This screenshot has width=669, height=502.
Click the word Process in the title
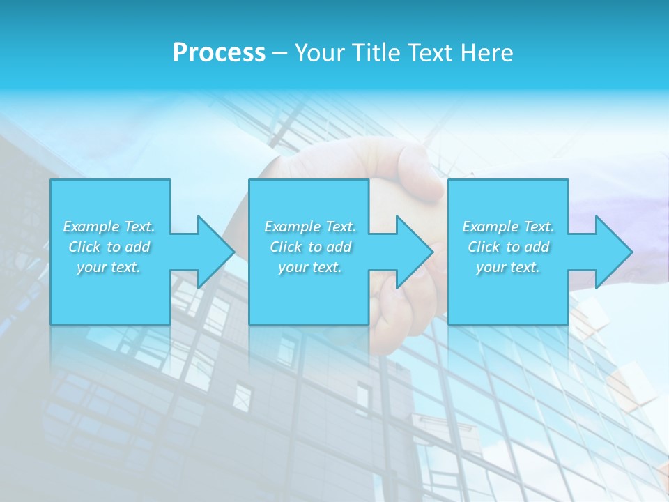(219, 52)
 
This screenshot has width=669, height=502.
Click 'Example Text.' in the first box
(109, 227)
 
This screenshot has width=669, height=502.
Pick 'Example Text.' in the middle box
(310, 227)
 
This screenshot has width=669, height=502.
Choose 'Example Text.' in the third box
(508, 227)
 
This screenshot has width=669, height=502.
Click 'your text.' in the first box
(109, 267)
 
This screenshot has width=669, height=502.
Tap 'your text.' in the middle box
(310, 267)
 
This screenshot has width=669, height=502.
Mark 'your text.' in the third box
(508, 267)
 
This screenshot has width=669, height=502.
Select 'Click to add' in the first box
(109, 247)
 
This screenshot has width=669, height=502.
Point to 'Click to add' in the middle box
(310, 247)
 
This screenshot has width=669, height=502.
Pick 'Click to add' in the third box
(508, 247)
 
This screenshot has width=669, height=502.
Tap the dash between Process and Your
(279, 53)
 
